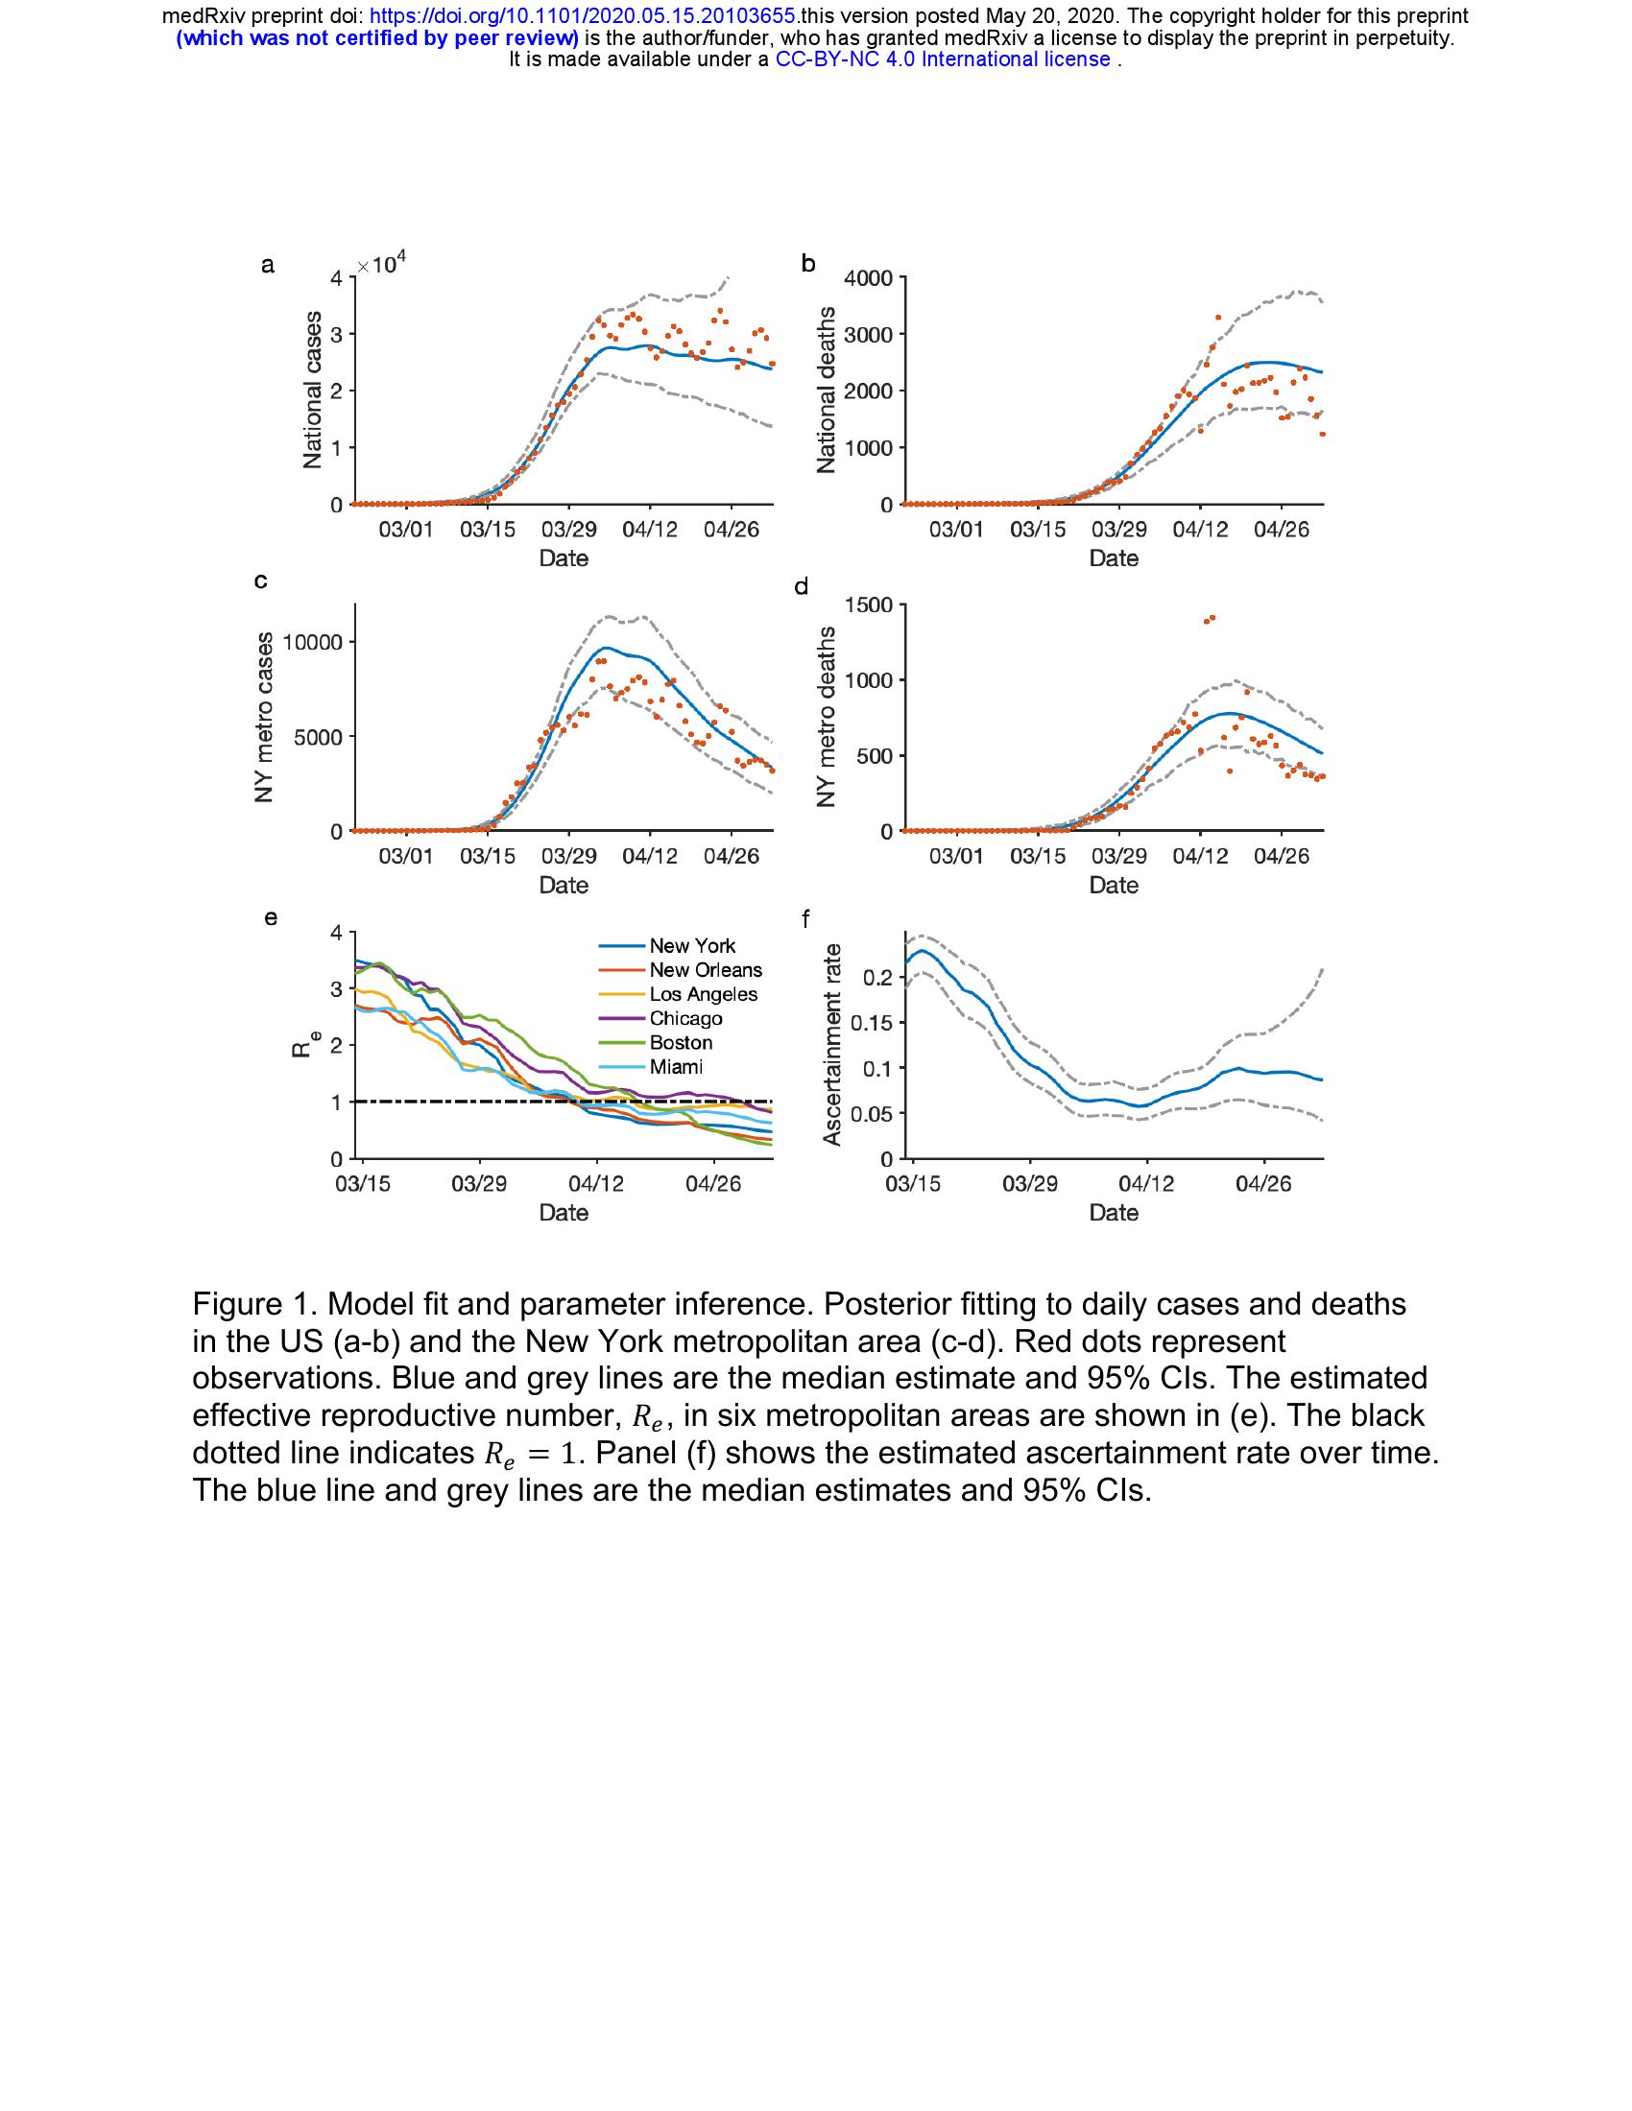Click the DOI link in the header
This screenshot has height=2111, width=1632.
pos(584,16)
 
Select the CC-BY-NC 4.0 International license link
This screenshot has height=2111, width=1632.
pos(943,59)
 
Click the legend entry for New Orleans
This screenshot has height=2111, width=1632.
pos(705,969)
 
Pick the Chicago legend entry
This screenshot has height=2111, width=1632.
pos(685,1018)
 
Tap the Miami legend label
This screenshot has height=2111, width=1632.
pos(676,1067)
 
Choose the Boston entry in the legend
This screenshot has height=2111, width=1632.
pos(681,1042)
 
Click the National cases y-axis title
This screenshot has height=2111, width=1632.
pos(312,390)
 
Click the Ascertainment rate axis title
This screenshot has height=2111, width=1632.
pos(831,1045)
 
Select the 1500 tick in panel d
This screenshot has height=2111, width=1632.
pos(868,605)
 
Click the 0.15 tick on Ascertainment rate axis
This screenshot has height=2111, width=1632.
pos(870,1023)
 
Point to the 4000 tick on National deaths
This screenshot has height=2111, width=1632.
pos(868,278)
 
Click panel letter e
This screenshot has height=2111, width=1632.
pos(271,918)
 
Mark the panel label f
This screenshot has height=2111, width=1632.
pos(805,918)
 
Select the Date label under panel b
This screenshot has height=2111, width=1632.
pos(1113,558)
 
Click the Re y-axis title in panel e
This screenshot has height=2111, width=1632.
pos(303,1044)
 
